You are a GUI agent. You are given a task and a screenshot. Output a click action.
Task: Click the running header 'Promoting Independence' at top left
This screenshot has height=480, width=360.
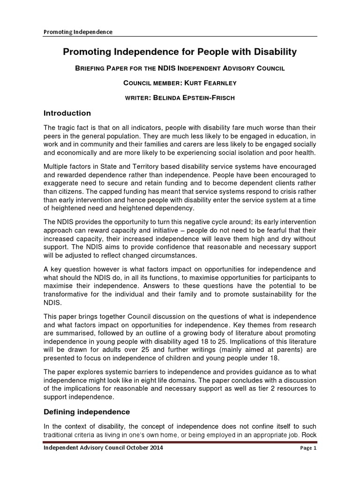click(78, 32)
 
